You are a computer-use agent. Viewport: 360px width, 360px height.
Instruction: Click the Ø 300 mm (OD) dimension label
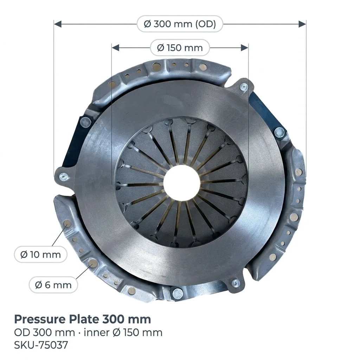[x=180, y=24]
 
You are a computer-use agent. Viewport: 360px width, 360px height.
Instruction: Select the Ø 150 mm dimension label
[x=180, y=48]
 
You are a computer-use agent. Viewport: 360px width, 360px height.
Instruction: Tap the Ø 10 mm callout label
[x=41, y=255]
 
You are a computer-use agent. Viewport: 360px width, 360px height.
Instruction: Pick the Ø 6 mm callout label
[x=53, y=285]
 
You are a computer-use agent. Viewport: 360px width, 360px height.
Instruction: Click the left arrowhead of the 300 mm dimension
[x=58, y=24]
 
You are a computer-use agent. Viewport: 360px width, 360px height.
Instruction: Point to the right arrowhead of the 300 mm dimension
[x=302, y=24]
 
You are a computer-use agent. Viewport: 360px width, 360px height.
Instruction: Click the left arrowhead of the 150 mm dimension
[x=115, y=48]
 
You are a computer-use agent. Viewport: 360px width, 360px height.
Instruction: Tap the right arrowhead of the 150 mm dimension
[x=244, y=48]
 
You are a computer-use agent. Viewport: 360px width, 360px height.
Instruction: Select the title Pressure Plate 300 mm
[x=82, y=319]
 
